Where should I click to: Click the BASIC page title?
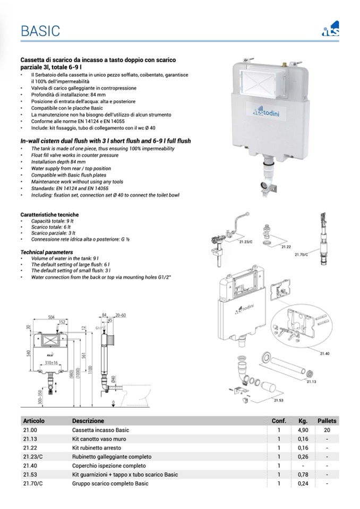pos(40,31)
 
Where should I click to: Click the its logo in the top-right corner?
pos(331,30)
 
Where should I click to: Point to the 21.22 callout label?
pos(285,246)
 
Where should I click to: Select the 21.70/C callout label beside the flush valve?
pos(302,255)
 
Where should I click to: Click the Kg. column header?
pos(303,421)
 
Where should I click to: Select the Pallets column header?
pos(327,421)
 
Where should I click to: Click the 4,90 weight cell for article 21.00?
pos(303,430)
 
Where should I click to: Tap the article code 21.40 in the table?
pos(30,465)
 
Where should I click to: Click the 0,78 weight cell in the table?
pos(303,475)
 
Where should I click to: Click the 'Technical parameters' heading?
pos(47,252)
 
